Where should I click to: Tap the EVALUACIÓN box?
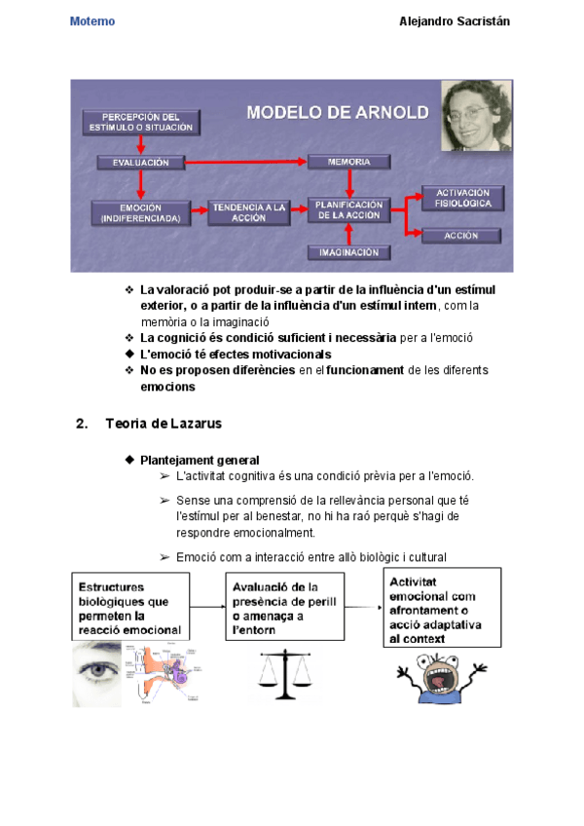click(x=140, y=162)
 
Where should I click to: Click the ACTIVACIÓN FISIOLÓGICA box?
click(x=461, y=198)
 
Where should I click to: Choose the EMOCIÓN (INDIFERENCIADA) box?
click(x=140, y=212)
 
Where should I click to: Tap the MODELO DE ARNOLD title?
click(x=337, y=112)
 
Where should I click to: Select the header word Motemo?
click(x=92, y=21)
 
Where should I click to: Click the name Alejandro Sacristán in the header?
click(x=455, y=21)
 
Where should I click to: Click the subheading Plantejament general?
click(x=200, y=460)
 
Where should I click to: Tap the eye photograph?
click(x=97, y=674)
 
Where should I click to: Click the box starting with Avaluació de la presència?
click(x=285, y=609)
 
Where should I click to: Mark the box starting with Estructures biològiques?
click(x=130, y=609)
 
